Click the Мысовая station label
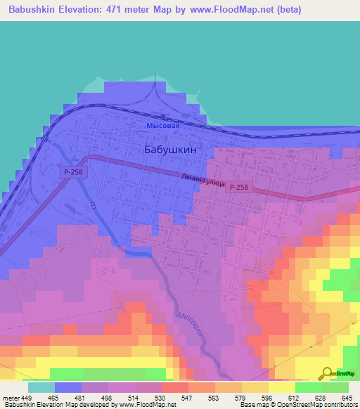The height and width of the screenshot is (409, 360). (163, 125)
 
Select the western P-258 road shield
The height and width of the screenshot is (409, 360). (72, 171)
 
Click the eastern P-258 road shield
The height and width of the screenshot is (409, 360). (238, 187)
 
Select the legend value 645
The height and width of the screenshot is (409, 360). (345, 398)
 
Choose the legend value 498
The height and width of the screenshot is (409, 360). (108, 398)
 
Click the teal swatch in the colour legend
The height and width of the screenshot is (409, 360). (41, 387)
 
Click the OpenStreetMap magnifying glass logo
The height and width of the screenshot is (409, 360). (326, 372)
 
